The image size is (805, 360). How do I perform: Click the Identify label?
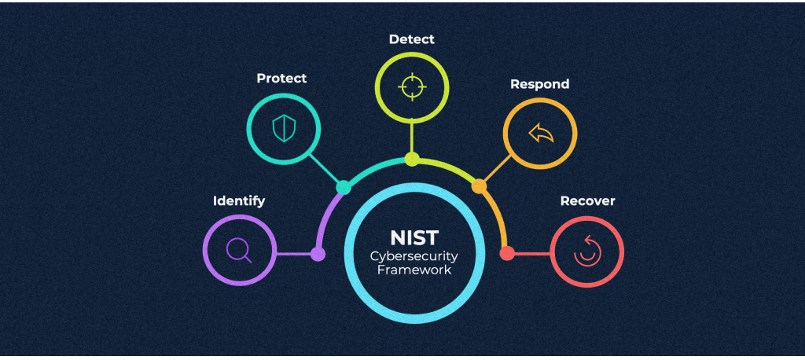tap(239, 201)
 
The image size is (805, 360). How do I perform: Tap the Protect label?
tap(281, 79)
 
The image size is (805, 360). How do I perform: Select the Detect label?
tap(411, 39)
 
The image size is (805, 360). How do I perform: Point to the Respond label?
tap(539, 84)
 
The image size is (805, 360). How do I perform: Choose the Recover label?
tap(587, 201)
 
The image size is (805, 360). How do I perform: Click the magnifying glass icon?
tap(239, 251)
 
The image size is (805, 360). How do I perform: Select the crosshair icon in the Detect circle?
tap(411, 86)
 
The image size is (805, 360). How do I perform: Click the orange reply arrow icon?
tap(540, 134)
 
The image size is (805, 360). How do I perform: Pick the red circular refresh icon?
tap(587, 251)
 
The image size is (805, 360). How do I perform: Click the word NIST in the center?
tap(414, 237)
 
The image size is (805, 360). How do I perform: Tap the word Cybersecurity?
tap(414, 256)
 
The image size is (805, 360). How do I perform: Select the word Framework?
tap(414, 270)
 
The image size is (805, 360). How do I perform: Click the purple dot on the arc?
tap(318, 254)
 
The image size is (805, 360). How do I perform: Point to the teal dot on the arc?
tap(344, 187)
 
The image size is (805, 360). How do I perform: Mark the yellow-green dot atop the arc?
tap(412, 160)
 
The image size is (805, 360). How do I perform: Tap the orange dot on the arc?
tap(479, 186)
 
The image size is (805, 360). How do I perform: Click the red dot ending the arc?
tap(507, 253)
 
